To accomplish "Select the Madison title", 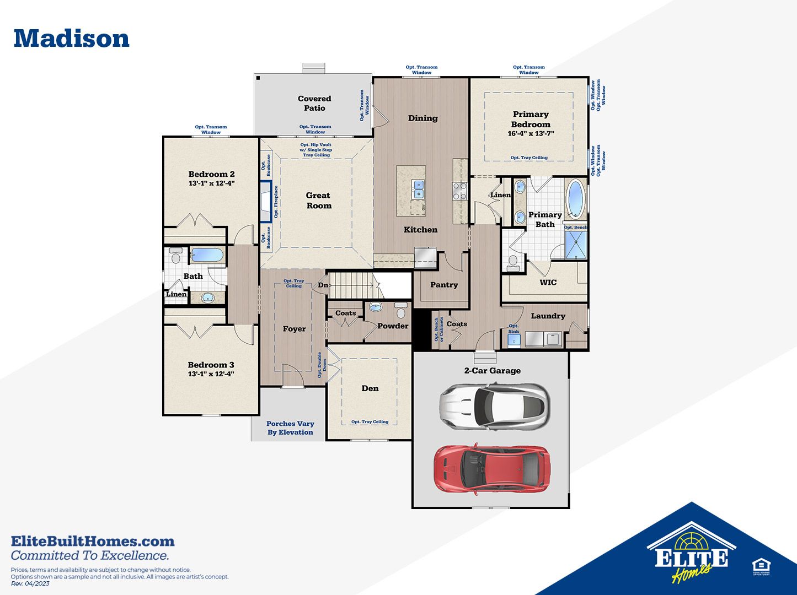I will (x=72, y=39).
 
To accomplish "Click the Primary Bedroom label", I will (x=531, y=119).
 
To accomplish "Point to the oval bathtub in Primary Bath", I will (x=576, y=199).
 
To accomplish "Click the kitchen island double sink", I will (x=419, y=189).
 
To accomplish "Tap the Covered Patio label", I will (x=314, y=103).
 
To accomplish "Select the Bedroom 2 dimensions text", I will (x=211, y=183).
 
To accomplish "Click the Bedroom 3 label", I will (x=211, y=365).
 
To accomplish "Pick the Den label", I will (x=370, y=388).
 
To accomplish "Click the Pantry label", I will (x=443, y=285).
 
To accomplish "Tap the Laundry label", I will (x=548, y=316).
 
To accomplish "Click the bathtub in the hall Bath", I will (x=207, y=255).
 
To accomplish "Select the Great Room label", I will (x=319, y=201).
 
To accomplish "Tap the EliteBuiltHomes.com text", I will (x=93, y=541).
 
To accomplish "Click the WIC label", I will (x=548, y=283).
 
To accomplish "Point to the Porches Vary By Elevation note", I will (x=290, y=428).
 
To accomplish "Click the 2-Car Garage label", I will (x=492, y=371).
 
